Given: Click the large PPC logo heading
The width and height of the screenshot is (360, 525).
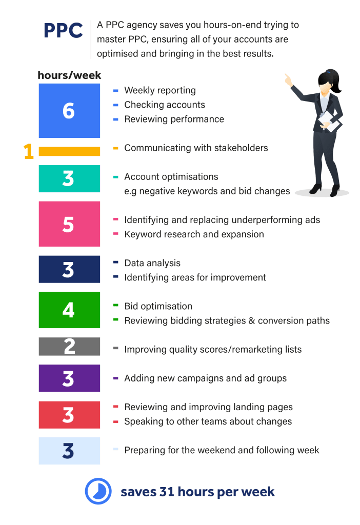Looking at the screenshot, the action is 63,30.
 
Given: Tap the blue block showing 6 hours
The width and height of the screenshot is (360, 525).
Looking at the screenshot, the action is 69,111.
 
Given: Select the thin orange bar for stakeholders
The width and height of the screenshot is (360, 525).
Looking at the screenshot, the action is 69,151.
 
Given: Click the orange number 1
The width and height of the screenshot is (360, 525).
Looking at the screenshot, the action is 29,151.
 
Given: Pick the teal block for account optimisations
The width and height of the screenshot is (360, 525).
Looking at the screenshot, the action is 69,178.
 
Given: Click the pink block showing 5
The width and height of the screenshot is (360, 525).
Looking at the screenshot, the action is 69,224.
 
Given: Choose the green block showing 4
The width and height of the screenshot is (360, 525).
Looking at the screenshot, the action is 69,310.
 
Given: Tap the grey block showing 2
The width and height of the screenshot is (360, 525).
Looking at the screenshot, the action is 69,346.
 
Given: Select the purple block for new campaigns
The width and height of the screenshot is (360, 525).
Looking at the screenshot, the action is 69,378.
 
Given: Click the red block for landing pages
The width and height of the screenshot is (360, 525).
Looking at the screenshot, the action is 69,415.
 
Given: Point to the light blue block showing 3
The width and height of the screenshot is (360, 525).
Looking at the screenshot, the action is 69,451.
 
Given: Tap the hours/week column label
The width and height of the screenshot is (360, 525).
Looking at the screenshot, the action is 69,75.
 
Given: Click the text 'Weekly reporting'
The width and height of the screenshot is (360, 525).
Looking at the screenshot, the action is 160,90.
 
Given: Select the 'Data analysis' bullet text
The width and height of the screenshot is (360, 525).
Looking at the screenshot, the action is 152,263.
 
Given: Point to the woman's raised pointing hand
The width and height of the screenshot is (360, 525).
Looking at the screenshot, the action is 288,80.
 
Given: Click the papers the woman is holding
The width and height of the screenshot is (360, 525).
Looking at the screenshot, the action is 329,122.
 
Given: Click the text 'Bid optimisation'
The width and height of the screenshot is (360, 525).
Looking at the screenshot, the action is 158,307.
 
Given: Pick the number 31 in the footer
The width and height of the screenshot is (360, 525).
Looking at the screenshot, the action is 167,492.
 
